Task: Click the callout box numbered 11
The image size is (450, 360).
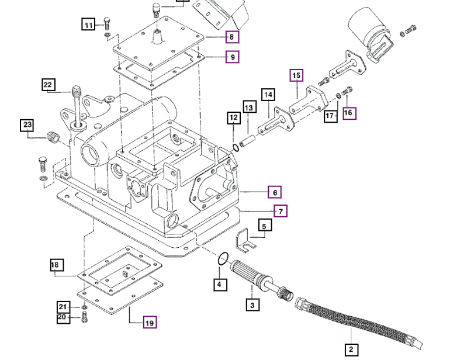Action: point(88,25)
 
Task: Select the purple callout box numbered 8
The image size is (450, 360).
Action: point(232,37)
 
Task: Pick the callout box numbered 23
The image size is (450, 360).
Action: point(28,125)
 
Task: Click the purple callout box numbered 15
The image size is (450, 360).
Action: point(297,75)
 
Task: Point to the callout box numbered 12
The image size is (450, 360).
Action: point(234,118)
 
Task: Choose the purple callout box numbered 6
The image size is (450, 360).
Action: point(275,192)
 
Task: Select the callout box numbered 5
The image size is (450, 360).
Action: point(264,226)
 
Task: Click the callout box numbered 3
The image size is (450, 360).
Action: point(252,305)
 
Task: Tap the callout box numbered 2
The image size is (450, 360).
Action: point(351,350)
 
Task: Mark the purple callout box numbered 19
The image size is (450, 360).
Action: point(150,323)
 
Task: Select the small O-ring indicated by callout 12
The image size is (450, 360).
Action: point(236,147)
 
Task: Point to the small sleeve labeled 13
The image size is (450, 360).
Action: point(247,141)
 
